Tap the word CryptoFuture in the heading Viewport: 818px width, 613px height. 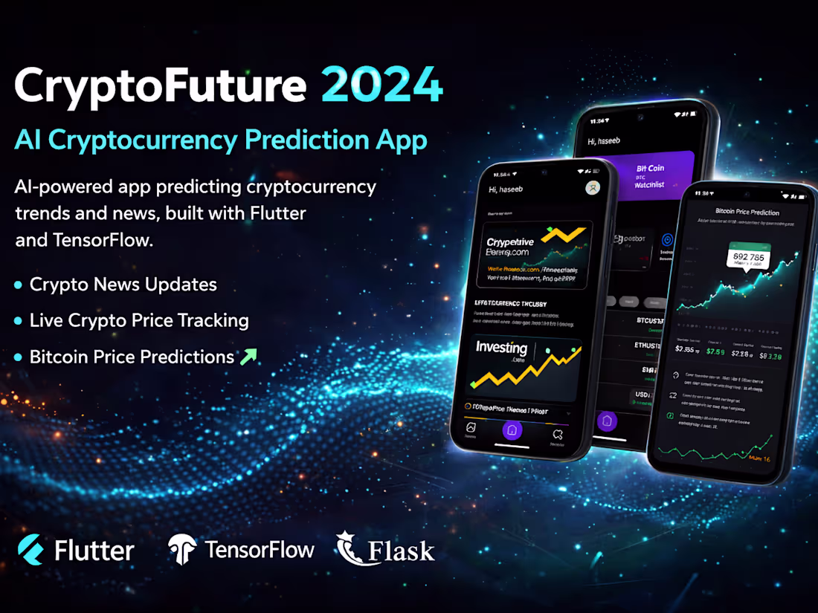tap(161, 86)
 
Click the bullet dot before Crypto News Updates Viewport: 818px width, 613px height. tap(19, 285)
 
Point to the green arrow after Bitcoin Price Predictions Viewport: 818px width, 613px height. tap(248, 357)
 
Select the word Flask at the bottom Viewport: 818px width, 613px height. tap(402, 551)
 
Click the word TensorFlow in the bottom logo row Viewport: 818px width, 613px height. tap(260, 550)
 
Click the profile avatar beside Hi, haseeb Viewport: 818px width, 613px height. tap(593, 188)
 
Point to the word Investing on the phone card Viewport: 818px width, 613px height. tap(501, 348)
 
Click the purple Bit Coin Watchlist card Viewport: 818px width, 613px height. tap(651, 175)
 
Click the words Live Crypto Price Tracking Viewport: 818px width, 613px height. tap(139, 320)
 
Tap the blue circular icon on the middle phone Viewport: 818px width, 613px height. tap(667, 239)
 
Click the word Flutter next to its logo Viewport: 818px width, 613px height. tap(94, 551)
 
